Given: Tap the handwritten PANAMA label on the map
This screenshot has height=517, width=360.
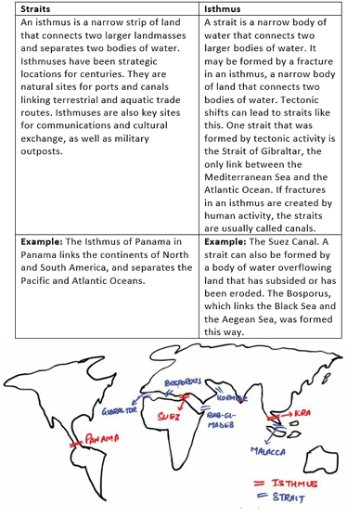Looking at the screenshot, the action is coord(92,437).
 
